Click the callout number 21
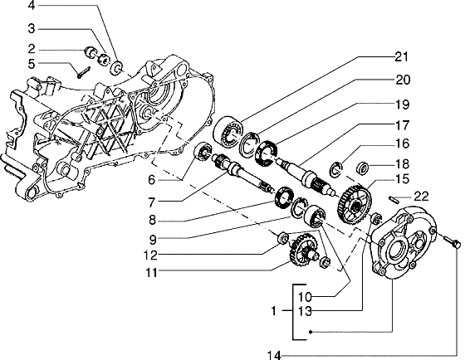click(402, 57)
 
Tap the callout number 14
click(274, 355)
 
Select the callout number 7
click(151, 202)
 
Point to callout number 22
click(422, 196)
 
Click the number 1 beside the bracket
click(274, 311)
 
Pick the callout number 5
click(32, 64)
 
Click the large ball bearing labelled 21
click(228, 131)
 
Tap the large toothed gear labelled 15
click(354, 204)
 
